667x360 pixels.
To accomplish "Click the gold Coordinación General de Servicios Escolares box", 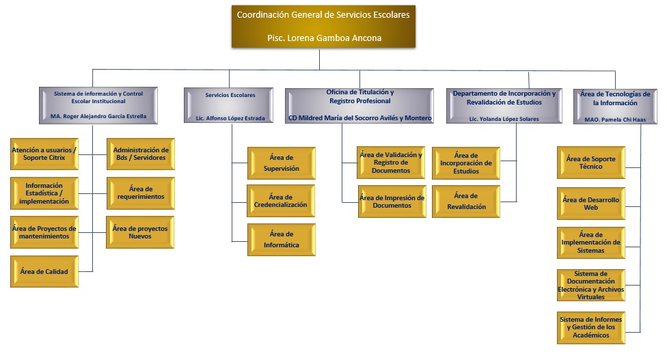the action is [x=323, y=27].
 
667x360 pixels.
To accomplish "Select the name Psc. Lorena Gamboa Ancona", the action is [x=324, y=38].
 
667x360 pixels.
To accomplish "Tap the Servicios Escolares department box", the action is [x=228, y=105].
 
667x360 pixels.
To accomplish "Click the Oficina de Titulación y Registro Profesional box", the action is [x=359, y=106].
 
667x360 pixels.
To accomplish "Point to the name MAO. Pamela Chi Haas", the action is [x=615, y=120].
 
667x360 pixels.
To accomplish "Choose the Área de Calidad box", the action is [x=44, y=272].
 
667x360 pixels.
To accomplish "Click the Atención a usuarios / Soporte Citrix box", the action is [x=44, y=154].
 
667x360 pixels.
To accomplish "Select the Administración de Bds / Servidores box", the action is [x=141, y=154].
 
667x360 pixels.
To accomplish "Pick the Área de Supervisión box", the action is [x=281, y=163].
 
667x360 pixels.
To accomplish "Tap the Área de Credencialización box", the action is [x=281, y=201].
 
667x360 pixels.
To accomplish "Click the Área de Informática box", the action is [x=281, y=240].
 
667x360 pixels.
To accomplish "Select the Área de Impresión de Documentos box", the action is [x=392, y=202].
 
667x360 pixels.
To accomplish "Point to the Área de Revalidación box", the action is [x=466, y=202].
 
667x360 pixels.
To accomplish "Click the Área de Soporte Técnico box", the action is [x=591, y=163].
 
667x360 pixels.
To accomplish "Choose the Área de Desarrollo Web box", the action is [x=591, y=204].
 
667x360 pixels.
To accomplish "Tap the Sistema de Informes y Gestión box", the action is [x=591, y=328].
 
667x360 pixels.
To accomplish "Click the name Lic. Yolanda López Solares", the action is [x=504, y=119].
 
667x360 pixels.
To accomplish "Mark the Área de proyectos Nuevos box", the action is [x=140, y=232].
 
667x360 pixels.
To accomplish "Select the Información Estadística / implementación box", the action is [x=44, y=193].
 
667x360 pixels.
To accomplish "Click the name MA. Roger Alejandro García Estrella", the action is [x=98, y=116].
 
